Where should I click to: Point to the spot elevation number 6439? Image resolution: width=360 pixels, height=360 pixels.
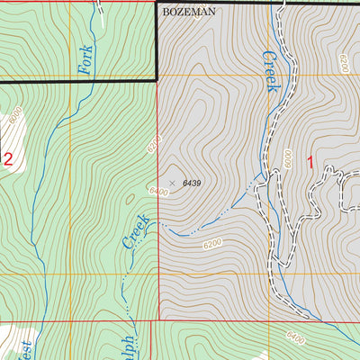pyautogui.click(x=191, y=184)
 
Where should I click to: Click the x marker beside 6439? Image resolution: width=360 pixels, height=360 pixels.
pyautogui.click(x=173, y=183)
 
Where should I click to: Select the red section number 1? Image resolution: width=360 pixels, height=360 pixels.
pyautogui.click(x=310, y=163)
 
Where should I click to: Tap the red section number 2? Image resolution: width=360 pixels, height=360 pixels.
pyautogui.click(x=8, y=160)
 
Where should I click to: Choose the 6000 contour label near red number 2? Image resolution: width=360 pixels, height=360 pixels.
pyautogui.click(x=14, y=118)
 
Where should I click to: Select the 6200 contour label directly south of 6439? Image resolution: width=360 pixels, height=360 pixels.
pyautogui.click(x=213, y=243)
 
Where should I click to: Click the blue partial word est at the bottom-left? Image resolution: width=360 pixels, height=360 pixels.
pyautogui.click(x=25, y=346)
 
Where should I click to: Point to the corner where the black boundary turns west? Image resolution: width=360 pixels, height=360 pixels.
pyautogui.click(x=157, y=80)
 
